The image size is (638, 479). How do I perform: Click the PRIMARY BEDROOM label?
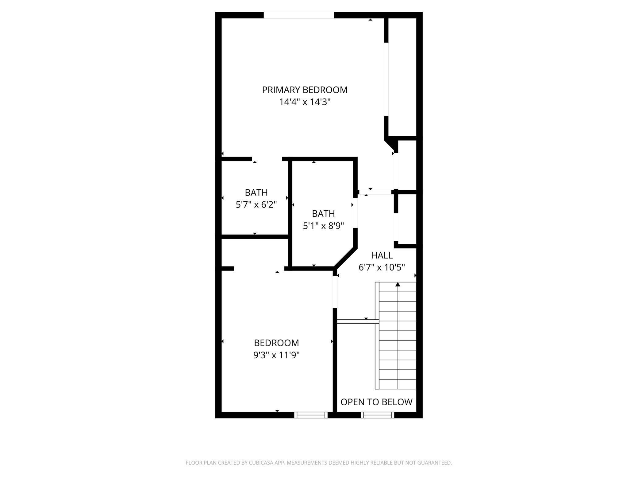coord(305,90)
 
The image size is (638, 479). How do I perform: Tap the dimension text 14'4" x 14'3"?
coord(305,102)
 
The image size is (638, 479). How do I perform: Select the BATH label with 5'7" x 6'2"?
coord(256,193)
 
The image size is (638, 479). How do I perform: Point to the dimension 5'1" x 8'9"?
coord(323,226)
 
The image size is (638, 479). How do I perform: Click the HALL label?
coord(382,255)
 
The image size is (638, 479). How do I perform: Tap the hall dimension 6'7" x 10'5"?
coord(382,267)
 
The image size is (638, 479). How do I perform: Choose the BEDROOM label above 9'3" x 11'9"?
coord(276,343)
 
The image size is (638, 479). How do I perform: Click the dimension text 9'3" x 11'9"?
coord(276,355)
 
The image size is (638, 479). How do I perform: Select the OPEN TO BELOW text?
coord(376,402)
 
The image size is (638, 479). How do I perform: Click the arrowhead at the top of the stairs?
coord(398,285)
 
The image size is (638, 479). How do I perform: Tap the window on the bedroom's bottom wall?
coord(311,415)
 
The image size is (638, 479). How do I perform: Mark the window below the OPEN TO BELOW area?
coord(377,415)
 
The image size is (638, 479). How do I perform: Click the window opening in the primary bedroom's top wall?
coord(298,15)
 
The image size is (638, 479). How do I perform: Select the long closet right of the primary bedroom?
coord(402,77)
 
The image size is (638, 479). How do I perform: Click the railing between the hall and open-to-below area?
coord(358,321)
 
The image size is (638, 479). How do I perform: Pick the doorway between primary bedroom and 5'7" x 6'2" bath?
coord(267,159)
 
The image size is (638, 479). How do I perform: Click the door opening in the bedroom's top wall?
coord(259,269)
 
